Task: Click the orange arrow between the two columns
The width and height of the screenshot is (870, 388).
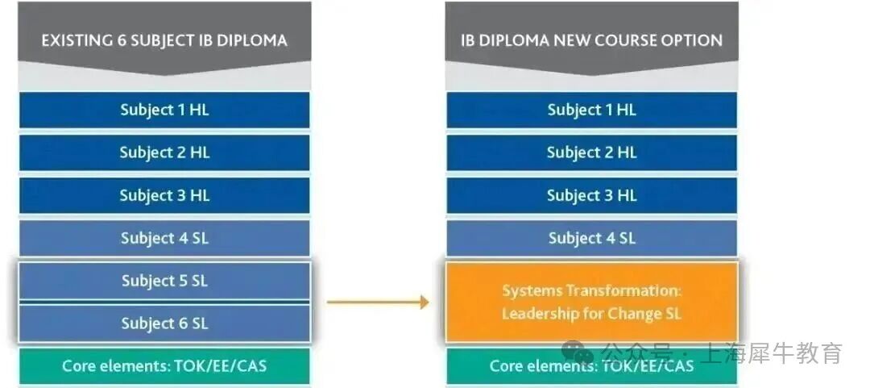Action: [x=377, y=302]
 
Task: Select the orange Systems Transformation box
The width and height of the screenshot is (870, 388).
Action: [x=591, y=302]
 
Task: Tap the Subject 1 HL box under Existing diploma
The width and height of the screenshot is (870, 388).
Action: [x=164, y=111]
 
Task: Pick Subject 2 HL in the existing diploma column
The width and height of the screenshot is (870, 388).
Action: [x=164, y=152]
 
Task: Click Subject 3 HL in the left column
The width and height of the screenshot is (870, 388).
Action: [x=164, y=195]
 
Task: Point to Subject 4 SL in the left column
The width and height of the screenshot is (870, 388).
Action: [x=164, y=238]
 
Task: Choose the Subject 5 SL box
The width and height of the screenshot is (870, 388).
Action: [x=164, y=281]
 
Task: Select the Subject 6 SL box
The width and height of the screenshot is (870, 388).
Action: [x=164, y=323]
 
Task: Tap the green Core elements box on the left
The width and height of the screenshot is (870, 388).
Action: [x=164, y=366]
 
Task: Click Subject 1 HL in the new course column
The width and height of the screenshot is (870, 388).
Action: [x=591, y=111]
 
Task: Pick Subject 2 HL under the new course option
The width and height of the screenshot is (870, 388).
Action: [x=591, y=152]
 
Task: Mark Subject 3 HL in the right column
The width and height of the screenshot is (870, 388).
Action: [x=591, y=195]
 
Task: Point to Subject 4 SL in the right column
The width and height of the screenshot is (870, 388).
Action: [x=591, y=238]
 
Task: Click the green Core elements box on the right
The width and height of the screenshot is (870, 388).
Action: [x=591, y=366]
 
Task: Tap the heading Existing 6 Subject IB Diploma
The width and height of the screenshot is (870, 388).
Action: [x=164, y=40]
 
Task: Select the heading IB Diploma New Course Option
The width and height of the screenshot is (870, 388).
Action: [x=591, y=40]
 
